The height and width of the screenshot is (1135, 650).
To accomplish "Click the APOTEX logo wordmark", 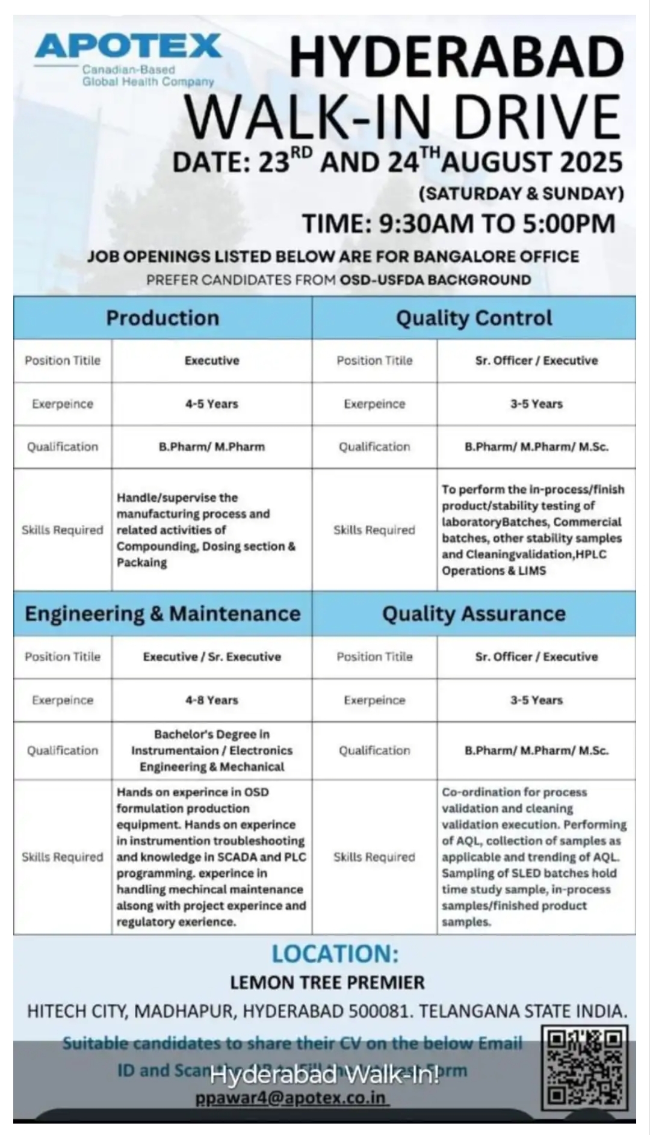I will click(x=128, y=46).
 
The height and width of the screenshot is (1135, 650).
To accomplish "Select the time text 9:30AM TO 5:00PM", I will click(x=497, y=223).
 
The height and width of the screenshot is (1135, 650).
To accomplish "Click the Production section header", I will click(x=162, y=318).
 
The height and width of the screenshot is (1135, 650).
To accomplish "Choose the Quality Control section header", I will click(x=474, y=318).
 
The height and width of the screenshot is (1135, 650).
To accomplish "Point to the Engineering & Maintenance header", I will click(x=162, y=613).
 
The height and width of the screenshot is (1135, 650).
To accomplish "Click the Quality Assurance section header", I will click(x=474, y=613).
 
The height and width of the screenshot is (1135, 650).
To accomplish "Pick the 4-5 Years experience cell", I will click(x=211, y=404).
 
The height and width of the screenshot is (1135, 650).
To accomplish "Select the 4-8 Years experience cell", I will click(x=211, y=700).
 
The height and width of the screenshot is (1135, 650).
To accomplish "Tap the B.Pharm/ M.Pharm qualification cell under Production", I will click(x=211, y=447).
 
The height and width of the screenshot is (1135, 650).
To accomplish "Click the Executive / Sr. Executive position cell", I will click(x=211, y=657).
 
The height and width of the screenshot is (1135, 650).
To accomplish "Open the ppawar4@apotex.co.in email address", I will click(x=291, y=1098).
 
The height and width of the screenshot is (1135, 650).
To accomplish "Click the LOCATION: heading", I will click(x=335, y=954).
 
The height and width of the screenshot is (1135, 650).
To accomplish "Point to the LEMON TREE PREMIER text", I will click(x=327, y=983).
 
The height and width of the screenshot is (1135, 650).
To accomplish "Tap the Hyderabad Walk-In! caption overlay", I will click(x=325, y=1074).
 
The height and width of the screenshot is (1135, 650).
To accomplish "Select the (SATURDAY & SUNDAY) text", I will click(x=521, y=193).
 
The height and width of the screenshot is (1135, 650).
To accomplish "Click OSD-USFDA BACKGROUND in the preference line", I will click(x=435, y=280).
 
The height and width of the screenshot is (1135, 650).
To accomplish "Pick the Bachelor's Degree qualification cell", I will click(x=211, y=750).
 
